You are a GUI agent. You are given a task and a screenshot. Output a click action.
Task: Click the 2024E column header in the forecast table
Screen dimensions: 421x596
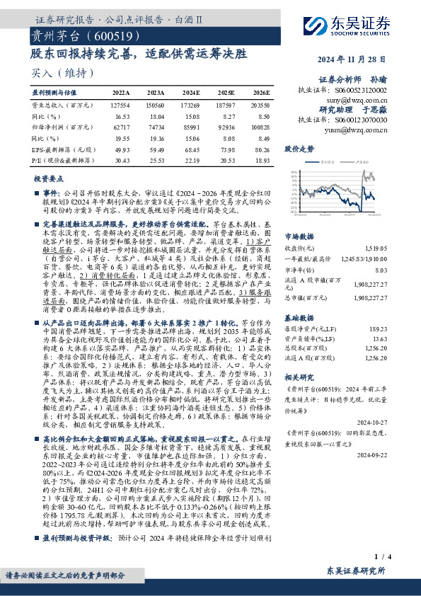[x=190, y=92]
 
